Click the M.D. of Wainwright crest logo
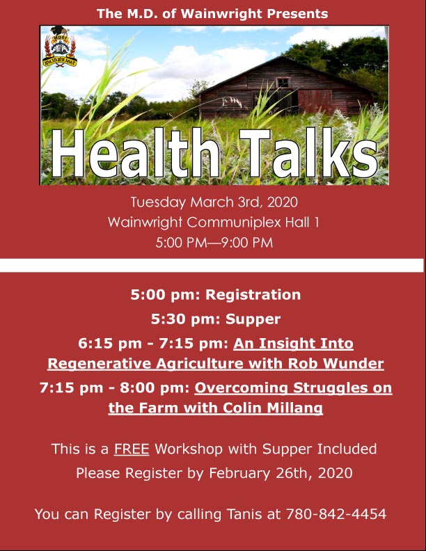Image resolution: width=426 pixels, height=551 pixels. point(60,46)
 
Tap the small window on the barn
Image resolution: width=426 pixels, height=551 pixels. point(283,83)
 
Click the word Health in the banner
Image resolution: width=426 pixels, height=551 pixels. point(135,153)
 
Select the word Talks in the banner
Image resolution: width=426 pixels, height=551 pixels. point(309,153)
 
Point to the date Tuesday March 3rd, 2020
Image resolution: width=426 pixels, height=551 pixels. point(214,202)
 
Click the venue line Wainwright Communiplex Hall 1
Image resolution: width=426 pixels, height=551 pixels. point(214,223)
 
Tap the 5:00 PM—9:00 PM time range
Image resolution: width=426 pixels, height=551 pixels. point(214,243)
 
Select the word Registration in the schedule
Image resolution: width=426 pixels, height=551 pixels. point(253,295)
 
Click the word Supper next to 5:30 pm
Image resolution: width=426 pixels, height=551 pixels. point(253,319)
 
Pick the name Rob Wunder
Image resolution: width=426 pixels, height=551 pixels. point(336,363)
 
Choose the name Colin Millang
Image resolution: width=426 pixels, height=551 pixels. point(273,408)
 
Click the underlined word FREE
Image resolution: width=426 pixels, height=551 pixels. point(132,449)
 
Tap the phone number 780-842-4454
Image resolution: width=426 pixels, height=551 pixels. point(336,514)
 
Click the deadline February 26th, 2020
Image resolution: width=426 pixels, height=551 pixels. point(281,473)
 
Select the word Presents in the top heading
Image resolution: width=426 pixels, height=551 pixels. point(297,14)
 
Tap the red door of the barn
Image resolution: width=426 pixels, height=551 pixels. point(315,101)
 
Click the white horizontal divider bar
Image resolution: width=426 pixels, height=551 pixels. point(212,265)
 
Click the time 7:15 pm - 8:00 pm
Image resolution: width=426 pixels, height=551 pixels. point(115,388)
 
